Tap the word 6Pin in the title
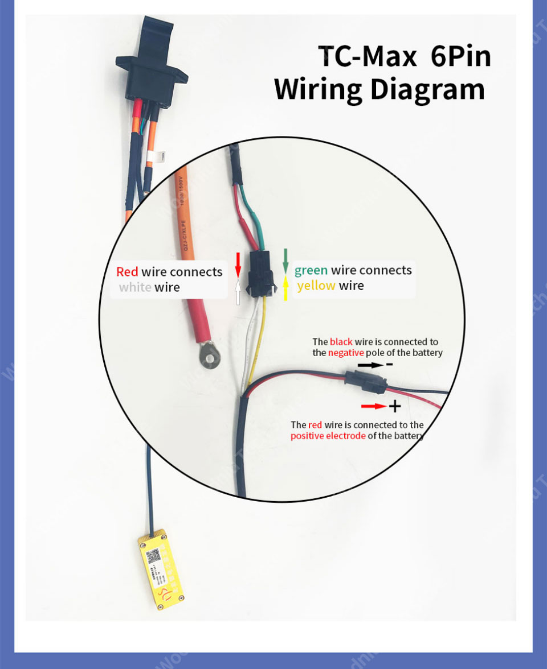pos(460,56)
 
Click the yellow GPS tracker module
pos(161,569)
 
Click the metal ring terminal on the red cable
pos(211,356)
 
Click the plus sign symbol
pos(395,406)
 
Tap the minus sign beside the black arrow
pos(390,364)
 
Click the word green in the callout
pos(311,270)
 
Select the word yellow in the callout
pos(316,286)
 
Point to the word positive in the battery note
pos(307,436)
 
